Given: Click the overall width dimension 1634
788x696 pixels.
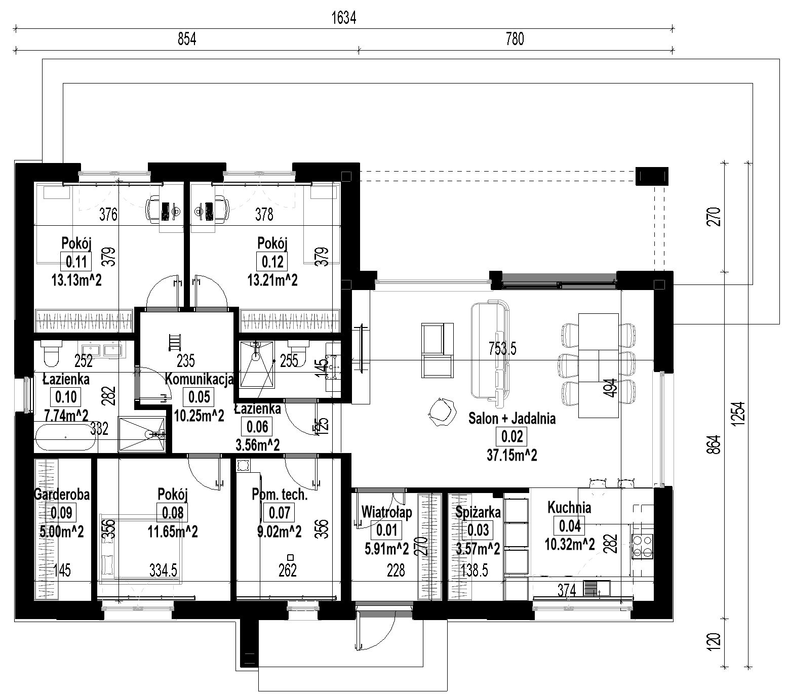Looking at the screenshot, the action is tap(344, 18).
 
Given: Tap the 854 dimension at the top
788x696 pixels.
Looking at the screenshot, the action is tap(186, 39).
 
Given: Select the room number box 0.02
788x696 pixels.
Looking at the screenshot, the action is tap(512, 436).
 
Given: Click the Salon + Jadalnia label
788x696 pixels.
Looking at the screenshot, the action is tap(512, 419).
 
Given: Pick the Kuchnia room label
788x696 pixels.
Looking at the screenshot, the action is tap(569, 507).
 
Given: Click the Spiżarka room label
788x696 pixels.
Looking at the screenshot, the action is tap(478, 512).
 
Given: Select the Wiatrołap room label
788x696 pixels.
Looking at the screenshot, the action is tap(387, 512).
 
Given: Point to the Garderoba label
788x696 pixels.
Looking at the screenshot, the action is tap(62, 494).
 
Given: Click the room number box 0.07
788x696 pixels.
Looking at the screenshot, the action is tap(280, 513).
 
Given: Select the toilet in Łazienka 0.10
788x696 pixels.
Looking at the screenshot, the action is tap(51, 353).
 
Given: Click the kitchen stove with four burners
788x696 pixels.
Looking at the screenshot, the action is tap(642, 546).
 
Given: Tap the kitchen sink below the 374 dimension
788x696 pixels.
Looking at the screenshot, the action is tap(597, 589).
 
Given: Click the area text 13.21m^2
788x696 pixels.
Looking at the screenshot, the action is tap(273, 280).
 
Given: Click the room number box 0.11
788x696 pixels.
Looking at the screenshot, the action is tap(76, 262).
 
